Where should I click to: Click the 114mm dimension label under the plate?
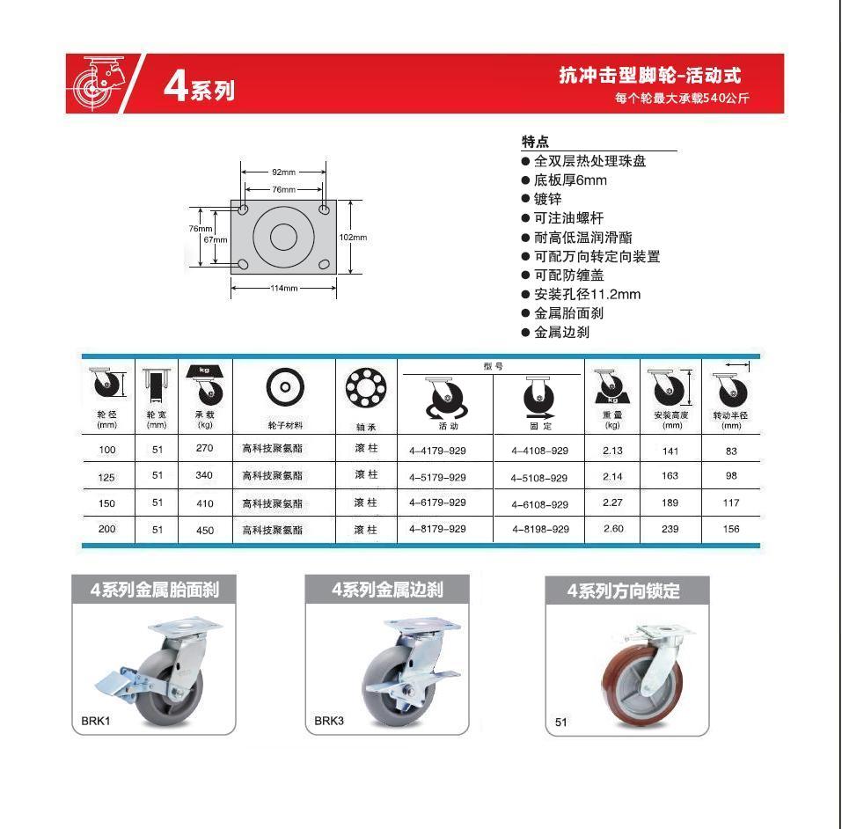pos(284,288)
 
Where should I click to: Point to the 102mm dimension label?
pos(353,238)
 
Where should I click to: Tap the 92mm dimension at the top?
pos(283,172)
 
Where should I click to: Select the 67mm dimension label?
pos(216,239)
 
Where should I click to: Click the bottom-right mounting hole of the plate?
pos(324,264)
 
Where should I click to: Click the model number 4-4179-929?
pos(437,451)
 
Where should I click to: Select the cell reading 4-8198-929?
pos(540,529)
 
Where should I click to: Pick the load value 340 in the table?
pos(204,475)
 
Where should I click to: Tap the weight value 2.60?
pos(613,529)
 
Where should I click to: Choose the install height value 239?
pos(670,529)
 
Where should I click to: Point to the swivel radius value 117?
pos(731,503)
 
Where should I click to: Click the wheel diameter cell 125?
pos(106,477)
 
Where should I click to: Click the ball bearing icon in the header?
pos(366,387)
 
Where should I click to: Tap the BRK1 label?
pos(96,721)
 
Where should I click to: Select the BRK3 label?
pos(329,721)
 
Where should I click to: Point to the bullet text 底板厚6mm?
pos(570,180)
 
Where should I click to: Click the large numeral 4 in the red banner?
pos(175,84)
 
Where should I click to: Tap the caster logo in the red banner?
pos(99,84)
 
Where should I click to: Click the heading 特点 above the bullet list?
pos(535,142)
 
